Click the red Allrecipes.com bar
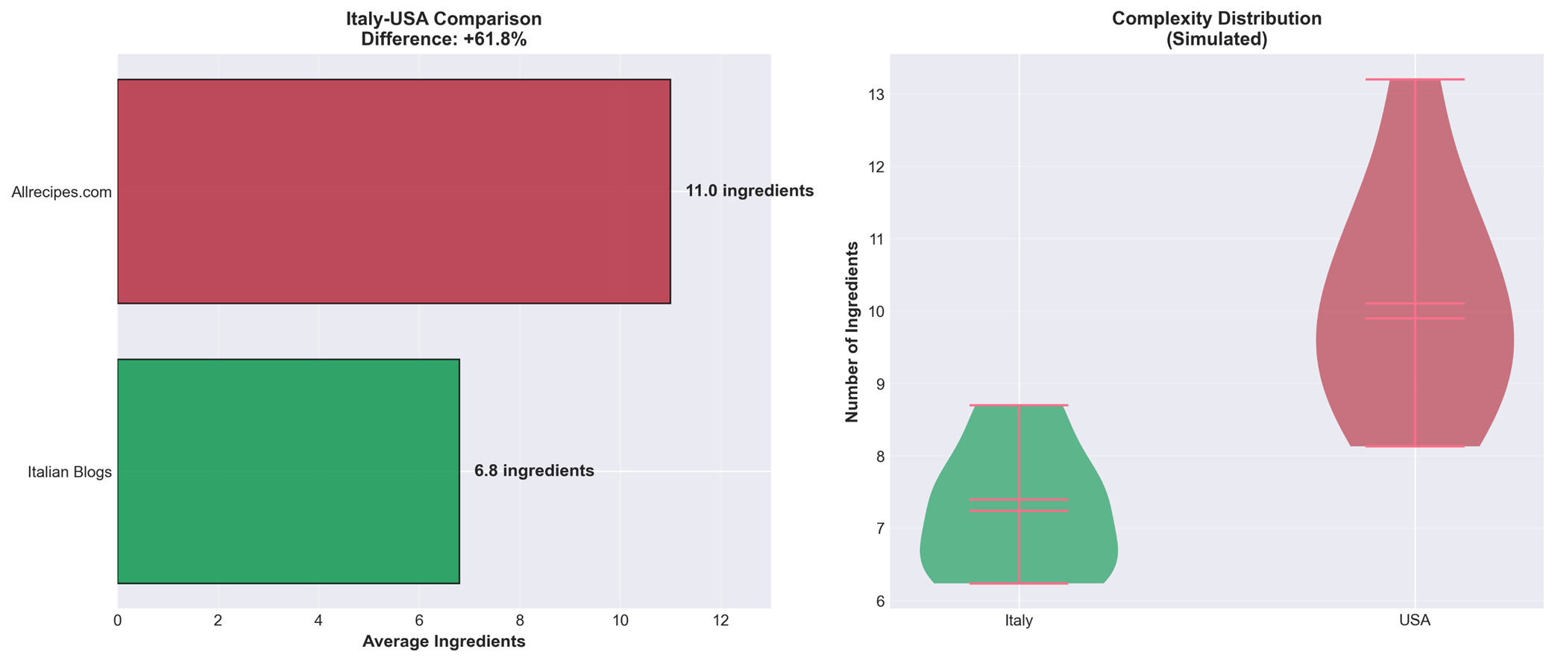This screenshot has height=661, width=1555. pyautogui.click(x=394, y=191)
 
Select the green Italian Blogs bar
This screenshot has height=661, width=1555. pyautogui.click(x=288, y=471)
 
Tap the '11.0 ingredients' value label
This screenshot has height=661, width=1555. pyautogui.click(x=749, y=191)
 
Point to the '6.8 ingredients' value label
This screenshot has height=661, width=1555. pyautogui.click(x=534, y=471)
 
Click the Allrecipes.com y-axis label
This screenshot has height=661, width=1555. pyautogui.click(x=61, y=192)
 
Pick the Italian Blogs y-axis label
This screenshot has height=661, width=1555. pyautogui.click(x=69, y=472)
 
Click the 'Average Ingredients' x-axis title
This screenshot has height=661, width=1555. pyautogui.click(x=444, y=642)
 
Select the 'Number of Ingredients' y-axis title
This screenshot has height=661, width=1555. pyautogui.click(x=852, y=332)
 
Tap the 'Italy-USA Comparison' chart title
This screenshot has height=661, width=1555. pyautogui.click(x=444, y=19)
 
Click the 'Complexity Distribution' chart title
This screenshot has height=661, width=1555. pyautogui.click(x=1216, y=19)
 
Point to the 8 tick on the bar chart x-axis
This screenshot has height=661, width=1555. pyautogui.click(x=520, y=621)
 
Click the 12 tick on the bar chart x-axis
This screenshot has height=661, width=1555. pyautogui.click(x=720, y=621)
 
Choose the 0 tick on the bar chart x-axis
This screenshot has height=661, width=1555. pyautogui.click(x=118, y=621)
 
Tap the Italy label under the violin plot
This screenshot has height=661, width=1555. pyautogui.click(x=1019, y=621)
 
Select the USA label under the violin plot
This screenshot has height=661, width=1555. pyautogui.click(x=1415, y=621)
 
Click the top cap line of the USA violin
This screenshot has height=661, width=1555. pyautogui.click(x=1415, y=79)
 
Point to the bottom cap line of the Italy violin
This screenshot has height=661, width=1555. pyautogui.click(x=1019, y=583)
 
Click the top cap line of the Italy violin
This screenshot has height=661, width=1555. pyautogui.click(x=1019, y=405)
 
